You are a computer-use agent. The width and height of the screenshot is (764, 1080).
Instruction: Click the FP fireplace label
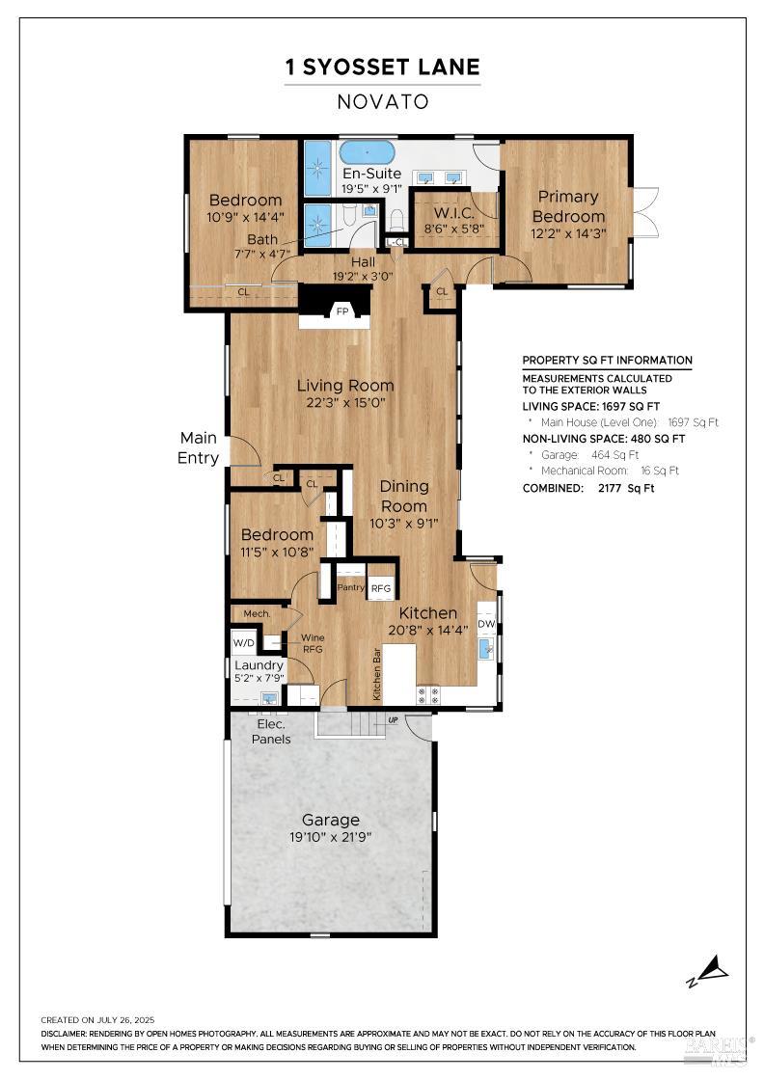tap(342, 311)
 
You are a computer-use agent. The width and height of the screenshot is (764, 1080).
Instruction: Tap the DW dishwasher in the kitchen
tap(486, 624)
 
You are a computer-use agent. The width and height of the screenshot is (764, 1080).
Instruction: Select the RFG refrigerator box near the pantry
tap(381, 588)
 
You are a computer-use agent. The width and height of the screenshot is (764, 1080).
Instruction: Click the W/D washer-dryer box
tap(244, 642)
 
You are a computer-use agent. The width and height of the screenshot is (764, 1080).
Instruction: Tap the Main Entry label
tap(199, 447)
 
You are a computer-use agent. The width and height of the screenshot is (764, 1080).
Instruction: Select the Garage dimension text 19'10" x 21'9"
tap(331, 838)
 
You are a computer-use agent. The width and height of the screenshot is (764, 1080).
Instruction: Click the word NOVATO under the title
tap(383, 102)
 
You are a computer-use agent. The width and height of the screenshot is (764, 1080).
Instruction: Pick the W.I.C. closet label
tap(454, 213)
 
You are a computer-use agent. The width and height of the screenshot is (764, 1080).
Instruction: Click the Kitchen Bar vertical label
tap(377, 674)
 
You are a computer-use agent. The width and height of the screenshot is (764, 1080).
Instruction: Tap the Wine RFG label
tap(313, 643)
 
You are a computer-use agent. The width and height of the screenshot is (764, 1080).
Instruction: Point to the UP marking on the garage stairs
tap(393, 720)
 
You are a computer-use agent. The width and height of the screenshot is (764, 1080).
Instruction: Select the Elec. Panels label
tap(271, 732)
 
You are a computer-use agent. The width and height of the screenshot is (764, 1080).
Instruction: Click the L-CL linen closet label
tap(396, 242)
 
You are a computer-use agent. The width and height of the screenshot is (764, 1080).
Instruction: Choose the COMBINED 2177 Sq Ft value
tap(626, 488)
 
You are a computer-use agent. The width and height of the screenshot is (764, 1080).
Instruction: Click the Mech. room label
tap(257, 613)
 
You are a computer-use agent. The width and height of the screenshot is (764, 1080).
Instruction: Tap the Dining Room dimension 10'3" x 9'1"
tap(403, 524)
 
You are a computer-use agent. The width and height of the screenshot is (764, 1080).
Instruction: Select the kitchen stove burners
tap(427, 695)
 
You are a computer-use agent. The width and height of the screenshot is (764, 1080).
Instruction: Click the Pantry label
tap(351, 587)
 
